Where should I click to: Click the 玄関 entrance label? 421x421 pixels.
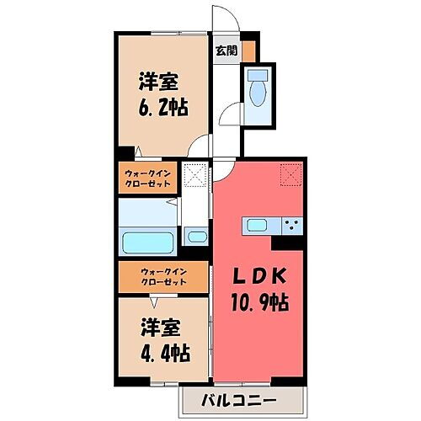(x=225, y=51)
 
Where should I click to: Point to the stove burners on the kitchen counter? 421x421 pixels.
(x=292, y=225)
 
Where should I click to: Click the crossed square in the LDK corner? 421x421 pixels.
(x=291, y=173)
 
